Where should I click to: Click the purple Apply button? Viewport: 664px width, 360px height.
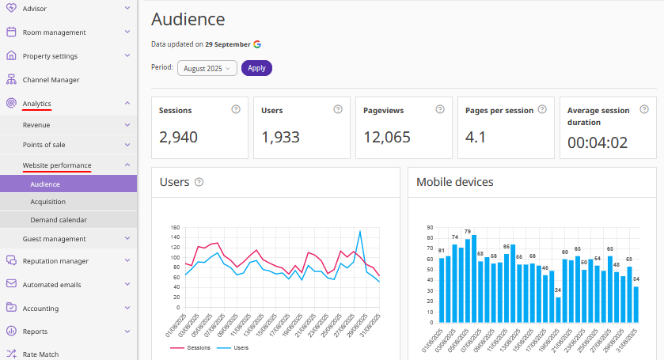pos(256,68)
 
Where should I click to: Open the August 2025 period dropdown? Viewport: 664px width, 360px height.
pos(207,68)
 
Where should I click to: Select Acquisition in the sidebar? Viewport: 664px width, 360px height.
pos(47,202)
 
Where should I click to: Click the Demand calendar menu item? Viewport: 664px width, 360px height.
pos(59,220)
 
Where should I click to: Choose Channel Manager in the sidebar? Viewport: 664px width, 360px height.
pos(51,80)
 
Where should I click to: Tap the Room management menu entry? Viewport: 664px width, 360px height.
pos(54,32)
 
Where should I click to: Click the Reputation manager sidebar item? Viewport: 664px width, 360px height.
pos(55,261)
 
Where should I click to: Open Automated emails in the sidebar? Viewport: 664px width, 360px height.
pos(51,285)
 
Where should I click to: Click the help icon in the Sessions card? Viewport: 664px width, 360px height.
pos(235,109)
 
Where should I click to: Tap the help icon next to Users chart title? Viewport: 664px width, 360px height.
pos(199,182)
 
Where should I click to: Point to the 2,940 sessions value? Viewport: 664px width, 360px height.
pos(178,137)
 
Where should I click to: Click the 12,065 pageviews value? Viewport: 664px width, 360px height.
pos(387,137)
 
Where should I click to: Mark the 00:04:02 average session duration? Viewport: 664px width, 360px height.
pos(598,143)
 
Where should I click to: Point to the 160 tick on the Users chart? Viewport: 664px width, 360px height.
pos(176,227)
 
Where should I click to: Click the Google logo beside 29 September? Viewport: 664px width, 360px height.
pos(258,44)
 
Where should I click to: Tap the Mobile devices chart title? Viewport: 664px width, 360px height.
pos(455,182)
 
